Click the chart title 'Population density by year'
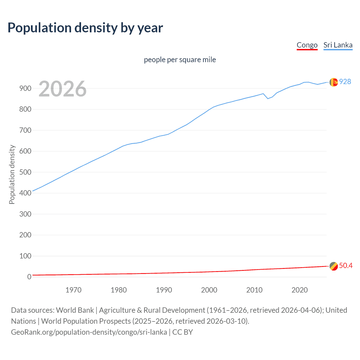[85, 28]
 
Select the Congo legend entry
[307, 45]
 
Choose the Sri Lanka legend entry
[338, 45]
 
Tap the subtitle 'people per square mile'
[180, 60]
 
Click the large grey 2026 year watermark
[62, 89]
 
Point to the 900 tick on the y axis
[25, 88]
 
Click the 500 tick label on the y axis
[25, 172]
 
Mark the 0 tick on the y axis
[29, 277]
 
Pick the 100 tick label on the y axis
[25, 256]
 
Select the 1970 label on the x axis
[73, 290]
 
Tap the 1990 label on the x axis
[164, 290]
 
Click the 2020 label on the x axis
[300, 290]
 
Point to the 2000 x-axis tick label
[209, 290]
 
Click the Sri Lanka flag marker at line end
[334, 82]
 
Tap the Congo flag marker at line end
[334, 266]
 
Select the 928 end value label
[345, 82]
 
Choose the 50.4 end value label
[346, 265]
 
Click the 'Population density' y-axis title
[12, 174]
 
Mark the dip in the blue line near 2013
[268, 98]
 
